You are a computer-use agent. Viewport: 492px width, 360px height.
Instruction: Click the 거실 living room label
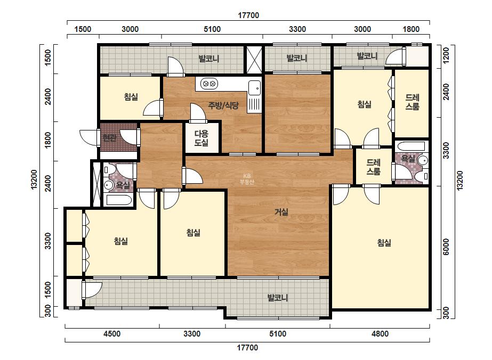pos(281,212)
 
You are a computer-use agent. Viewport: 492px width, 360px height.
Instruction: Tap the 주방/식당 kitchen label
pos(223,105)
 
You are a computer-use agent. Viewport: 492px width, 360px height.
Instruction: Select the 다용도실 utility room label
pos(201,138)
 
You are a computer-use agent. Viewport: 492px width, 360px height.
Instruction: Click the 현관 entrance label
pos(109,138)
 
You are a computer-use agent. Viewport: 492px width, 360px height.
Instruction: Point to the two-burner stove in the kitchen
pos(209,84)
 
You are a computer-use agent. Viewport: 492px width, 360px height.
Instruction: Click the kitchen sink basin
pos(254,88)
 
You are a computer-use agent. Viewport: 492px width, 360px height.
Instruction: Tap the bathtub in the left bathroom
pos(118,200)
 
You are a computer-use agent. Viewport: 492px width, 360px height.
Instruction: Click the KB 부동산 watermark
pos(247,179)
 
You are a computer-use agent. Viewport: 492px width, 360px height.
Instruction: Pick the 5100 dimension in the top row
pos(212,29)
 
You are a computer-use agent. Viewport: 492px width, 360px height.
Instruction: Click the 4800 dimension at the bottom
pos(380,334)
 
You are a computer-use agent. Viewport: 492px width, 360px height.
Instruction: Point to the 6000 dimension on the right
pos(446,247)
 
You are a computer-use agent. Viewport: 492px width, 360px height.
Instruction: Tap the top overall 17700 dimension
pos(248,15)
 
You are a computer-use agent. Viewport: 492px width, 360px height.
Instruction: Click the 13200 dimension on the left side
pos(34,179)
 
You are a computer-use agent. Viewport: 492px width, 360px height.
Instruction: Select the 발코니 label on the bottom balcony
pos(278,298)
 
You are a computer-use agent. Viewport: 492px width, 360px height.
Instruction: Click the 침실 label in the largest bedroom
pos(384,243)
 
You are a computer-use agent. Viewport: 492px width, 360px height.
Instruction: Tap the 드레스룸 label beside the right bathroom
pos(373,167)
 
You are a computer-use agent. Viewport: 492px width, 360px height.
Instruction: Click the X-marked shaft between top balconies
pos(254,60)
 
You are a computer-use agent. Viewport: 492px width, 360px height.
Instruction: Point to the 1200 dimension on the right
pos(446,55)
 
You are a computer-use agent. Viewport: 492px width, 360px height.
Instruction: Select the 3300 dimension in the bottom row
pos(192,334)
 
